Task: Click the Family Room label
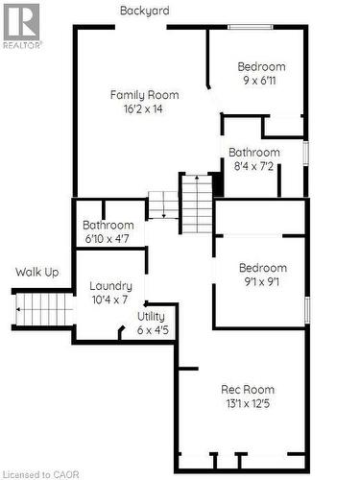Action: click(145, 94)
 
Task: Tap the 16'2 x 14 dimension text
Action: click(145, 109)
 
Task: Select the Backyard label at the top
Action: click(145, 11)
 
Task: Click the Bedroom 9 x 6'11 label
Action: click(262, 66)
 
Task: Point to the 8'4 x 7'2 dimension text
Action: click(254, 166)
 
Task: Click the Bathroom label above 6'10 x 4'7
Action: click(108, 226)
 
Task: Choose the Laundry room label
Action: click(110, 286)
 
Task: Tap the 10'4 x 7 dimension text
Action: click(110, 300)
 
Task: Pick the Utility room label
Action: click(151, 316)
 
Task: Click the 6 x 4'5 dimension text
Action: click(152, 330)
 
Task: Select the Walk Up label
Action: click(36, 273)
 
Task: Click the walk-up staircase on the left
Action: click(43, 309)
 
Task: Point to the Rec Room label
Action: click(248, 389)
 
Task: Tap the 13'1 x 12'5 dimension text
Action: click(248, 404)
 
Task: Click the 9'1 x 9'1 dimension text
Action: click(262, 282)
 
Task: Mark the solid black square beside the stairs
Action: click(217, 184)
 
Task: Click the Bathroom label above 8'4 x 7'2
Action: click(254, 152)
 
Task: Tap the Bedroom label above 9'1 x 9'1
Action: click(262, 268)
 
